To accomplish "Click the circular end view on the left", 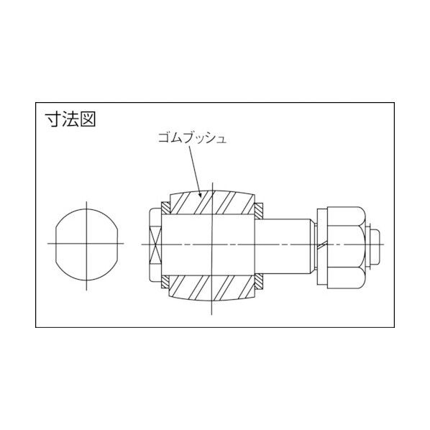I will click(x=86, y=244).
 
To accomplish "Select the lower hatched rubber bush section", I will click(x=213, y=287).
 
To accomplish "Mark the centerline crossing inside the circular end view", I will click(x=86, y=244).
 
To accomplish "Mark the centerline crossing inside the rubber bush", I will click(x=213, y=244).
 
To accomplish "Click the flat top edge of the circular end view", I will click(x=86, y=211).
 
